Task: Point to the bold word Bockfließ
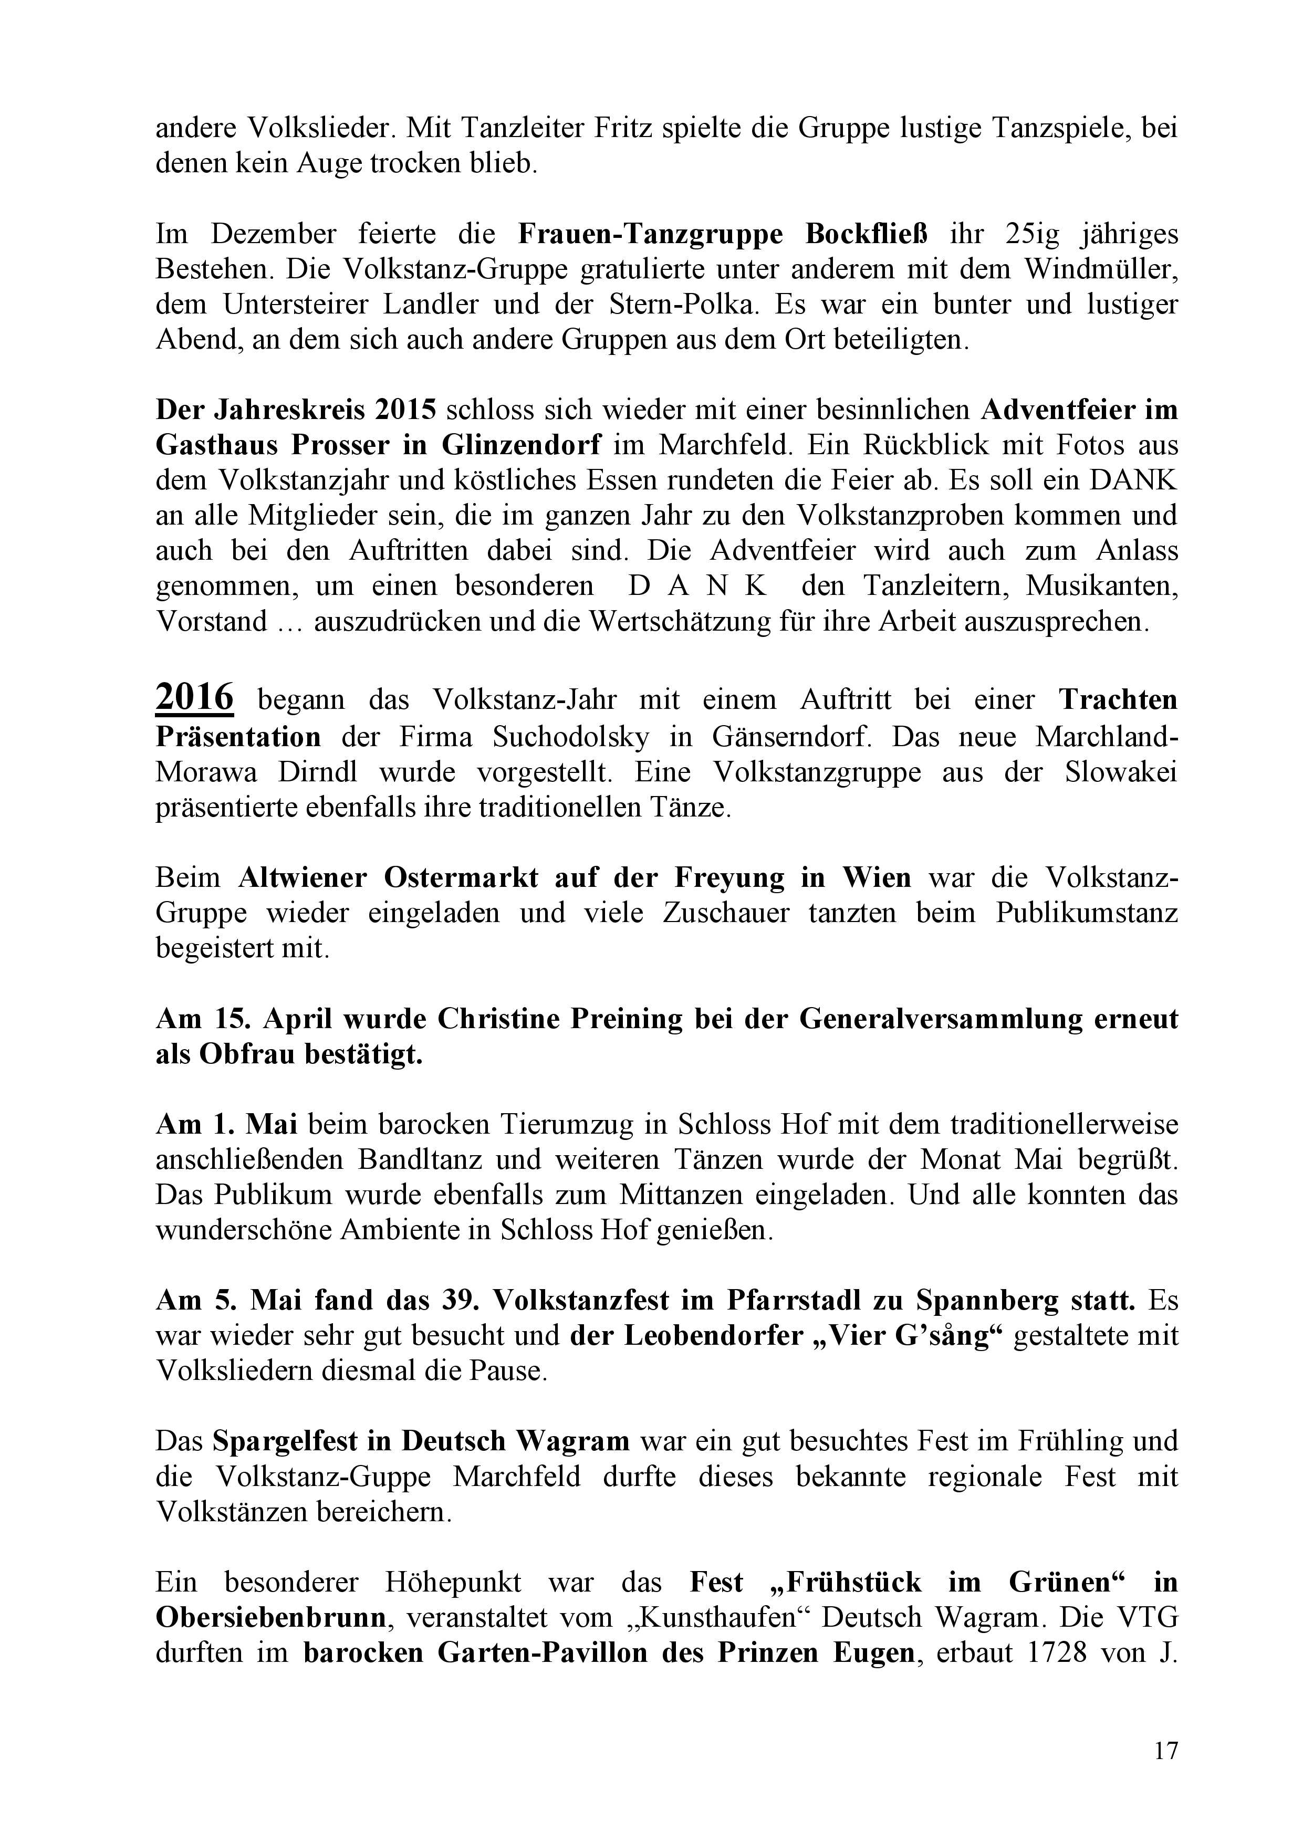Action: point(866,234)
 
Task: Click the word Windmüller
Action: point(1100,269)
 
